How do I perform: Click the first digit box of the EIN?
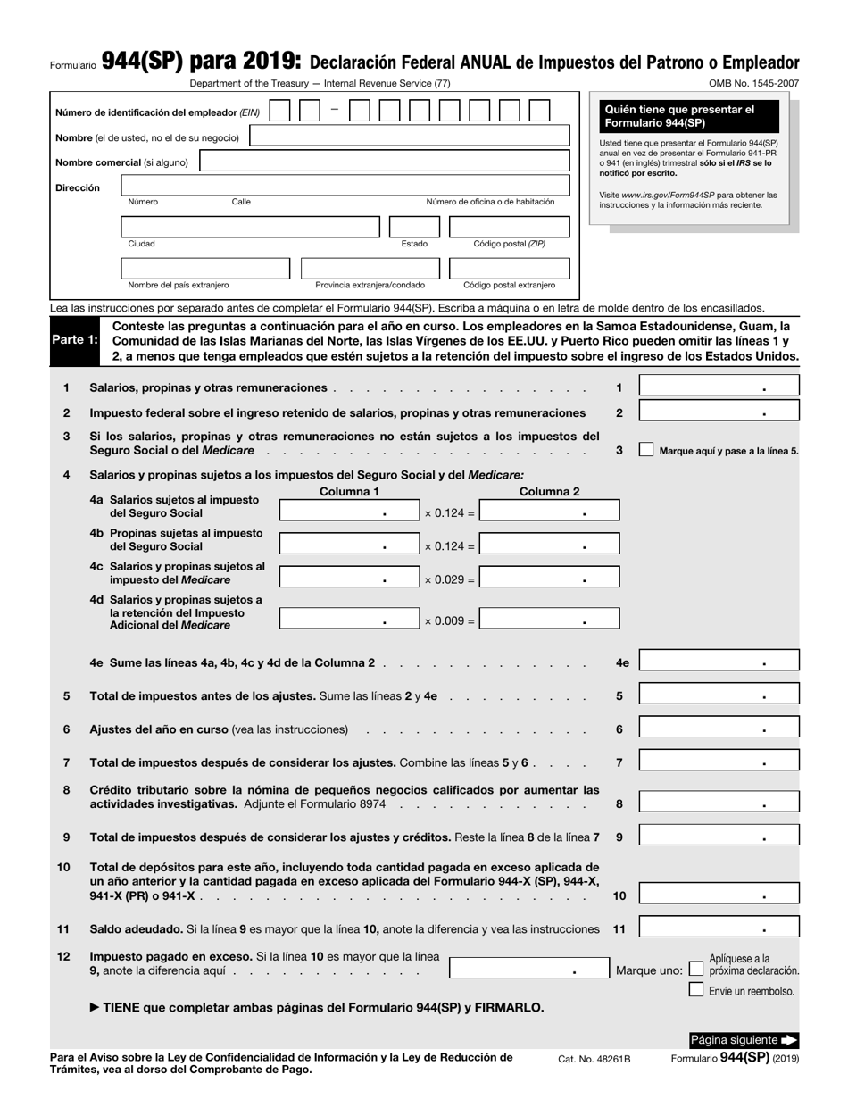pyautogui.click(x=279, y=111)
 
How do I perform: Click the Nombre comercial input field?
pyautogui.click(x=384, y=162)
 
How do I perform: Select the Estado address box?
pyautogui.click(x=414, y=227)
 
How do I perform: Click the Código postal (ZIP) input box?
pyautogui.click(x=509, y=227)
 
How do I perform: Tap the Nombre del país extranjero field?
pyautogui.click(x=205, y=268)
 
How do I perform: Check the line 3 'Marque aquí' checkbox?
pyautogui.click(x=646, y=450)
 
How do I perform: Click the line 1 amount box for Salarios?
pyautogui.click(x=719, y=387)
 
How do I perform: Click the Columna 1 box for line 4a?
pyautogui.click(x=348, y=512)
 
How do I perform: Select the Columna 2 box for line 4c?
pyautogui.click(x=548, y=579)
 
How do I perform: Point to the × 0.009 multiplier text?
pyautogui.click(x=449, y=620)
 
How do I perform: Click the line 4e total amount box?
pyautogui.click(x=719, y=662)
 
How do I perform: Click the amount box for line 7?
pyautogui.click(x=719, y=762)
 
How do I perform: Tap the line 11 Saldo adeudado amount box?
pyautogui.click(x=719, y=928)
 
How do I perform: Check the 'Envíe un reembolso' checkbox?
pyautogui.click(x=696, y=989)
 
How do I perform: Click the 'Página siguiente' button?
pyautogui.click(x=744, y=1040)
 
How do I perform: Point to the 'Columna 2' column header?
pyautogui.click(x=549, y=492)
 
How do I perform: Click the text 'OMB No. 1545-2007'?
pyautogui.click(x=753, y=84)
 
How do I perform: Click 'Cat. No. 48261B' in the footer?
pyautogui.click(x=594, y=1059)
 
